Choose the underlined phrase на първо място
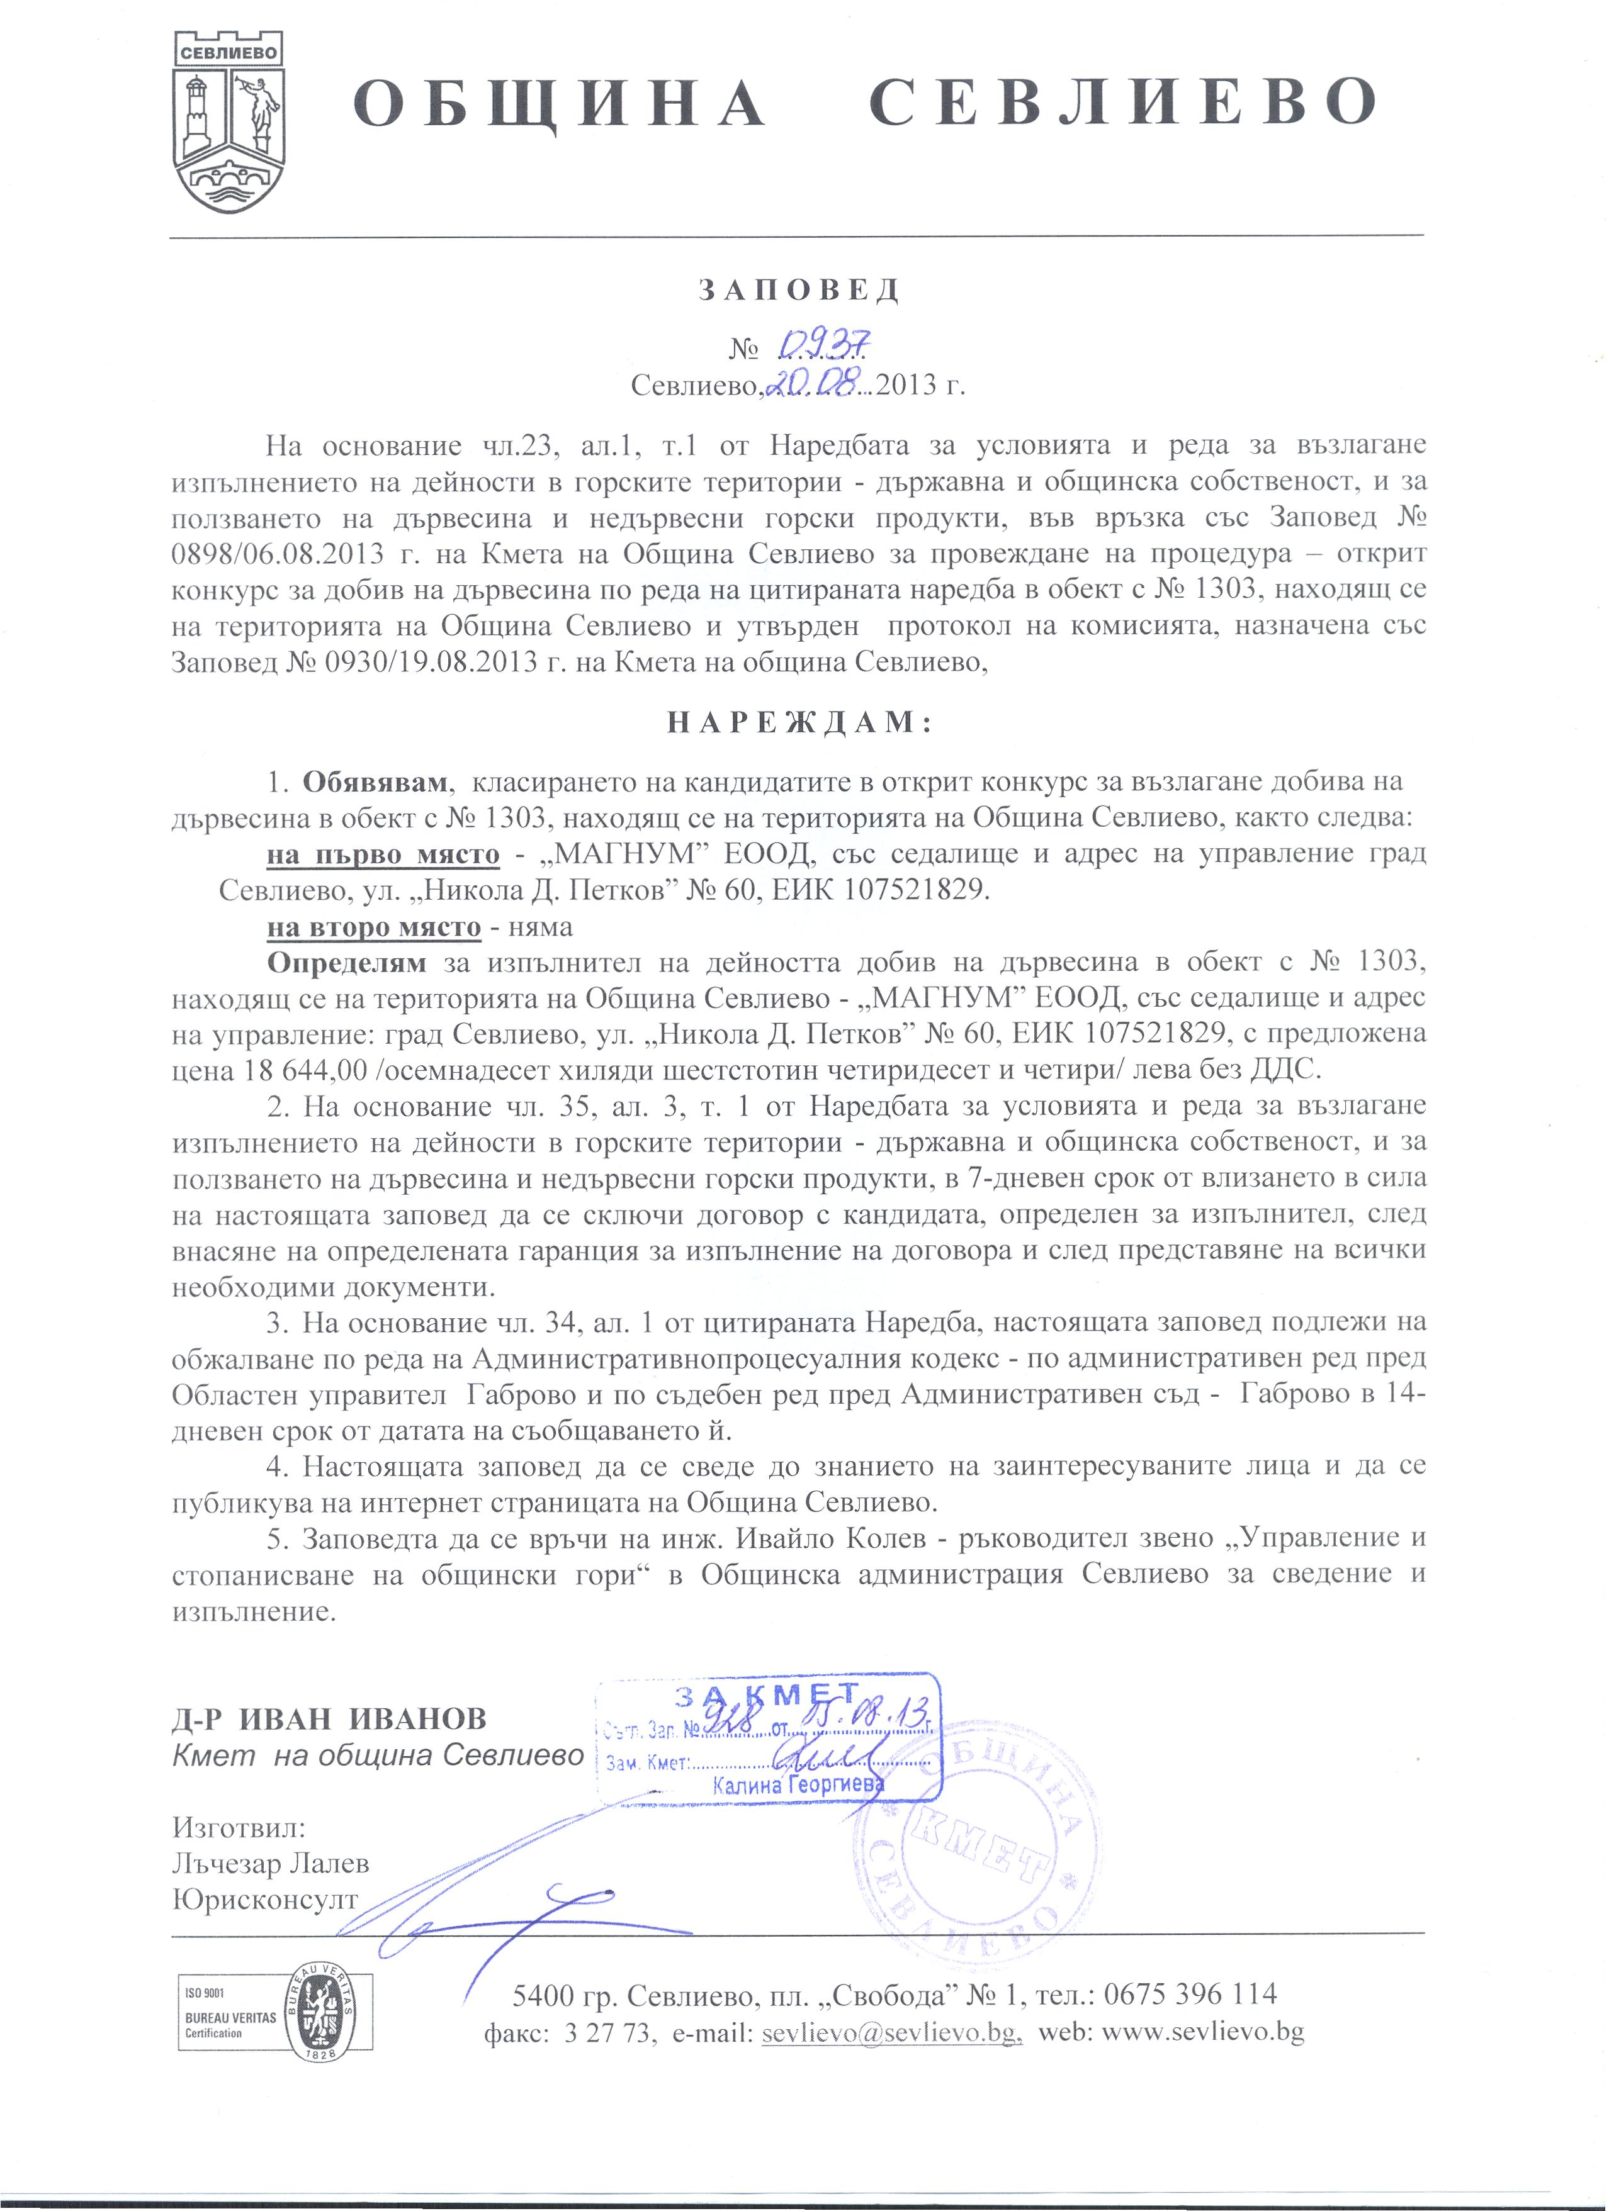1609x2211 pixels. point(383,854)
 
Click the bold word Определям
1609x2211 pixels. point(347,962)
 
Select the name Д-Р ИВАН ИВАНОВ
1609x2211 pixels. point(330,1719)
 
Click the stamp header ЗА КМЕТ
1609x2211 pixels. point(767,1694)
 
